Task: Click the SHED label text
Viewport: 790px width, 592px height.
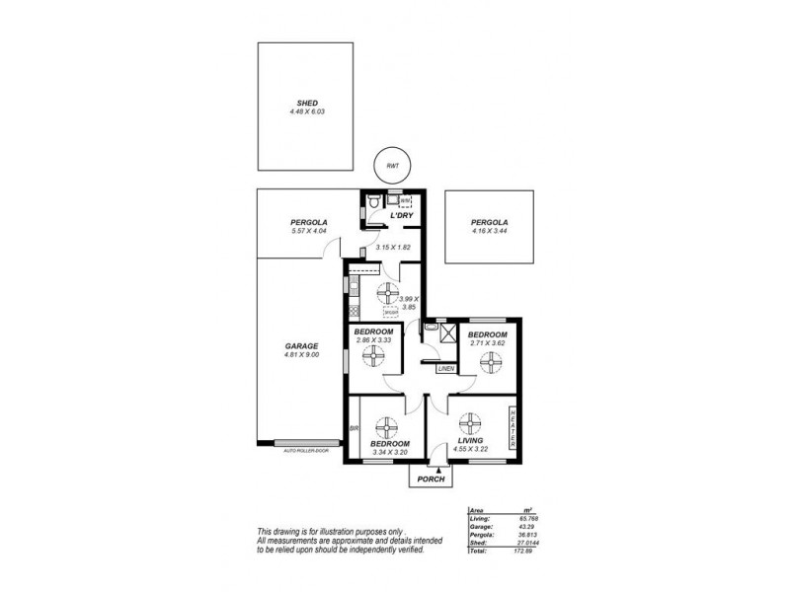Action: (307, 103)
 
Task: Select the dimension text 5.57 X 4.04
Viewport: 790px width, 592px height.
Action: (309, 231)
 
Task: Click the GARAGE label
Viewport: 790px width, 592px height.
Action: (301, 346)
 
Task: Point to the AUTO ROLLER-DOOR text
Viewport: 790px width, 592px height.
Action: (306, 451)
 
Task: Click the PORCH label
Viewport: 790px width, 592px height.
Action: (432, 480)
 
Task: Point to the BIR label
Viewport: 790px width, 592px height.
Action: (354, 429)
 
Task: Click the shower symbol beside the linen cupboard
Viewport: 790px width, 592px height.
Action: (441, 333)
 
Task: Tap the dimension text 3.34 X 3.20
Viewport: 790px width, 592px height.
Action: (389, 452)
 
